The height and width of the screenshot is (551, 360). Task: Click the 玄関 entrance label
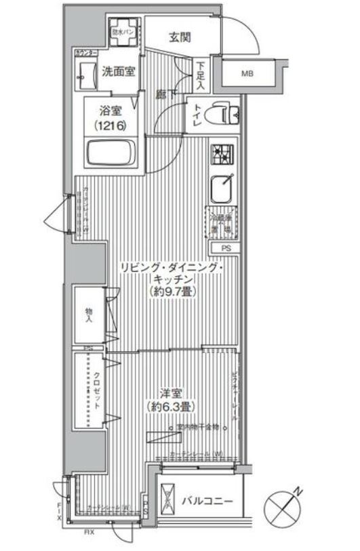(179, 38)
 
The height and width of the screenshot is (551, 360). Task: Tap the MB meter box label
(247, 74)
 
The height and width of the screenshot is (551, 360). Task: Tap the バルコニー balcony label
(207, 502)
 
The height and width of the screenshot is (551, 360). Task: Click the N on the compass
(300, 495)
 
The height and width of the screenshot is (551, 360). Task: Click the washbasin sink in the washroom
(88, 74)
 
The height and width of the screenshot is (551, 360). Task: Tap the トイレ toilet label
(198, 113)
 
